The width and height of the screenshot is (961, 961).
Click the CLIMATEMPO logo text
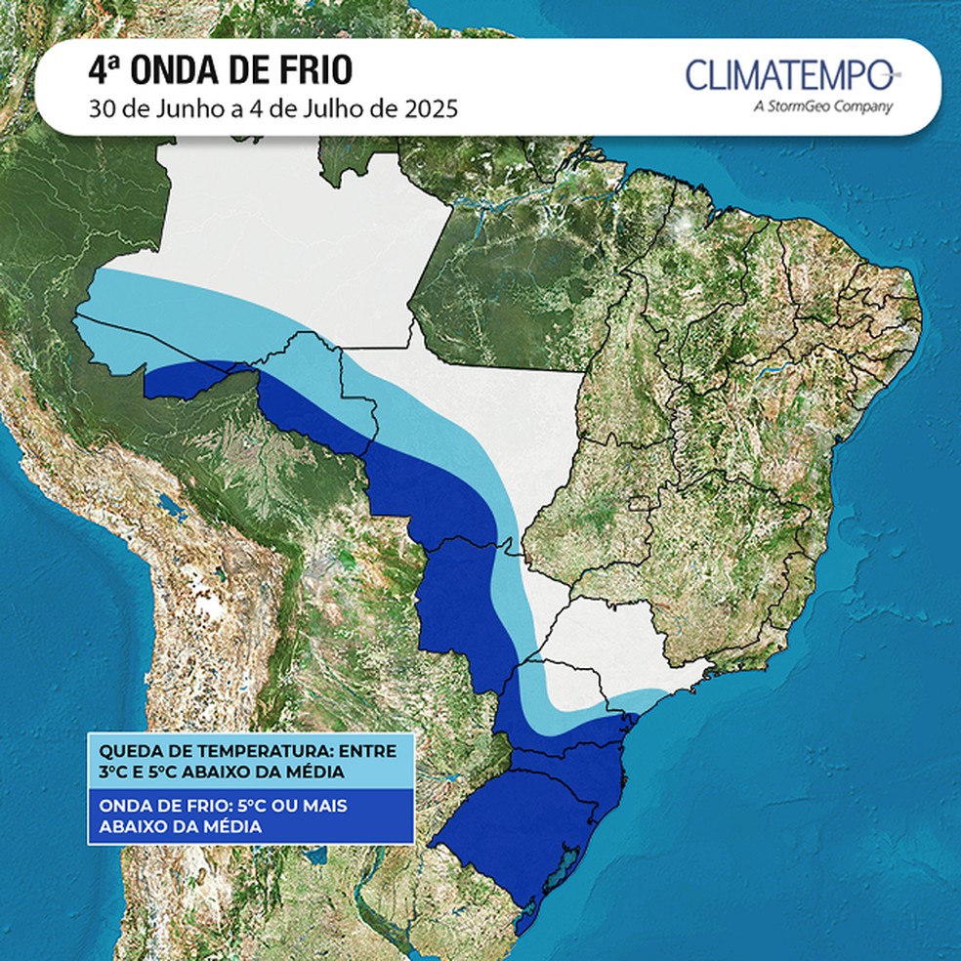pyautogui.click(x=788, y=75)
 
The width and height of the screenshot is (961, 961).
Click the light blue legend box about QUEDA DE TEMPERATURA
pyautogui.click(x=249, y=762)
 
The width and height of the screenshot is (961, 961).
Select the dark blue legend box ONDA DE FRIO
pyautogui.click(x=249, y=816)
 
